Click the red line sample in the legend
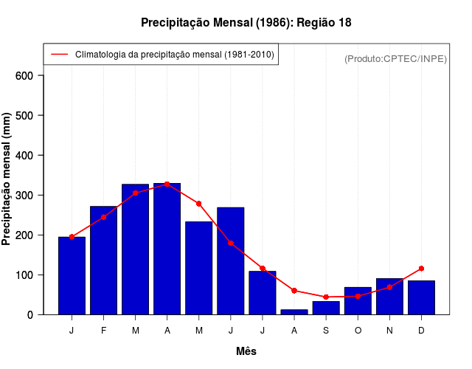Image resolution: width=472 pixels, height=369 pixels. point(59,55)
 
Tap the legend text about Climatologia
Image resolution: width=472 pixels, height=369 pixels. point(174,55)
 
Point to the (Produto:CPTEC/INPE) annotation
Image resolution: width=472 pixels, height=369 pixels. point(395,58)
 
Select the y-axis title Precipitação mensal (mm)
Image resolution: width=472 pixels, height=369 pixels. point(7,184)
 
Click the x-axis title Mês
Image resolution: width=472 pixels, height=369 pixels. point(246,351)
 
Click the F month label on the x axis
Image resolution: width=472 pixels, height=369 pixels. point(104,331)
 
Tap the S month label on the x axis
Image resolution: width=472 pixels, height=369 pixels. point(326,331)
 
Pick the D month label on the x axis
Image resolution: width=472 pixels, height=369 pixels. point(421,331)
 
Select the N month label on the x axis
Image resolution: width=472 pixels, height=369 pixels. point(389,331)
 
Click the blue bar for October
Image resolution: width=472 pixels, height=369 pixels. point(358,301)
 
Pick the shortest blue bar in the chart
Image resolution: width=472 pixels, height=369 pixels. point(294,312)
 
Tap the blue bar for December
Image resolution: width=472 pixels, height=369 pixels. point(421,298)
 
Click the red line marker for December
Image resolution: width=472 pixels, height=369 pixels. point(421,269)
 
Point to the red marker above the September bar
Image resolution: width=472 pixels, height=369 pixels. point(326,297)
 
